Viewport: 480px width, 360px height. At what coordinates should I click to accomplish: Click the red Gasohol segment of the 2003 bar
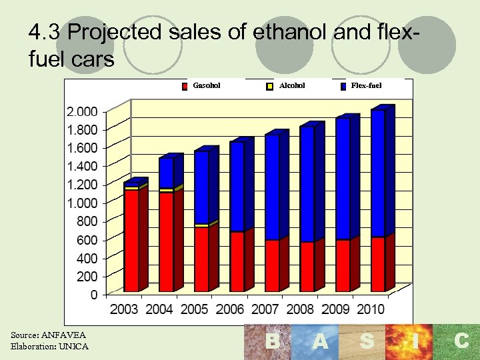click(131, 240)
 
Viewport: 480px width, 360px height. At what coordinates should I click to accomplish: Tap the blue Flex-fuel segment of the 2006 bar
click(237, 187)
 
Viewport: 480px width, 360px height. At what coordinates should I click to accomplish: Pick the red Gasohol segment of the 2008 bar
click(307, 267)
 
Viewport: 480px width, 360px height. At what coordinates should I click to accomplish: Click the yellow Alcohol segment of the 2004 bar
click(166, 191)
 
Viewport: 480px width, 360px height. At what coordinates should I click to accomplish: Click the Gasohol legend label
click(207, 85)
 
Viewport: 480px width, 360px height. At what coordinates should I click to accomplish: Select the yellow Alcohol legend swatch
click(270, 86)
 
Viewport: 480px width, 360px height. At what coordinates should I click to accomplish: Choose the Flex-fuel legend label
click(366, 85)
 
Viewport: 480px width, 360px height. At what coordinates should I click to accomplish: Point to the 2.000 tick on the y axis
click(82, 111)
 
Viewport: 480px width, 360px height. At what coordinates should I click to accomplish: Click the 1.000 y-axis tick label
click(82, 203)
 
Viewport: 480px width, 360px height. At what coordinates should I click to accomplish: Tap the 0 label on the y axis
click(93, 295)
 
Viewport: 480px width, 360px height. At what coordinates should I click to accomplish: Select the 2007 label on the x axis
click(265, 309)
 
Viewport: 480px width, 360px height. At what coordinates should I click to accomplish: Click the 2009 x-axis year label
click(335, 309)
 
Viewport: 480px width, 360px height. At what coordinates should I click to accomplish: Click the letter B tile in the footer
click(272, 342)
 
